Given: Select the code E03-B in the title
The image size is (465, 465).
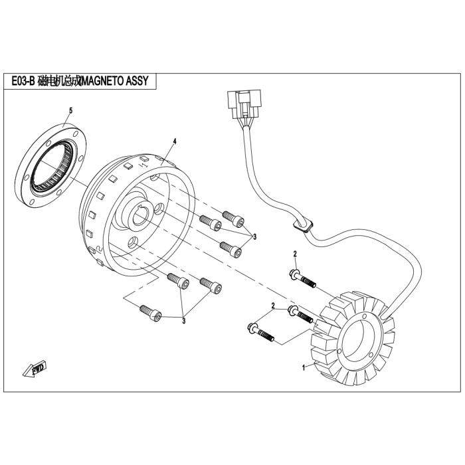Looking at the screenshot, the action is click(23, 81).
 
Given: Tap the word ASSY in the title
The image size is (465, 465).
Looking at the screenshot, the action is click(137, 81).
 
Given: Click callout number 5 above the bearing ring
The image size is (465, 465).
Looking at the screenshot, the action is click(70, 111).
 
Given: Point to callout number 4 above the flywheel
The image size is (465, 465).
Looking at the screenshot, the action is click(175, 141).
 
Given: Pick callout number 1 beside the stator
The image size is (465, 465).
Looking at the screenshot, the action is click(304, 368).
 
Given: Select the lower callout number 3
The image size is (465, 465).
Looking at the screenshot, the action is click(183, 321).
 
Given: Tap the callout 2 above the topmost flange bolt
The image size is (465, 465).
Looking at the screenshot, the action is click(295, 254).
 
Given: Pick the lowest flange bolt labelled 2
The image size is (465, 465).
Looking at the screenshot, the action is click(260, 333).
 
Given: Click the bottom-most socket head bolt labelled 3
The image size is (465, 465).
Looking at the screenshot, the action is click(151, 313).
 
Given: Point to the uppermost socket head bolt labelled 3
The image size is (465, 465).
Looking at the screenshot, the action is click(233, 218).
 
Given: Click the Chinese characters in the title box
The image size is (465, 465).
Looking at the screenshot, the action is click(59, 81).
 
